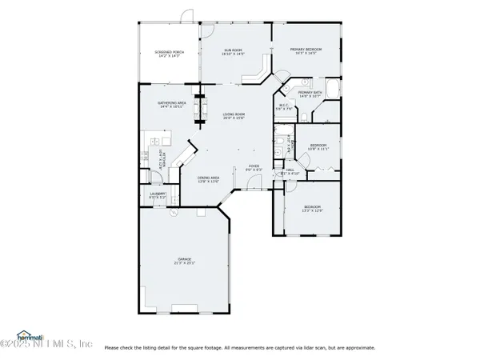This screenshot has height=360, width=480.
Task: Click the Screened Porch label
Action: point(169,54)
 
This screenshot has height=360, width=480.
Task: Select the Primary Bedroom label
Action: point(305,51)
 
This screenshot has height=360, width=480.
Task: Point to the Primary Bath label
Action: point(310,94)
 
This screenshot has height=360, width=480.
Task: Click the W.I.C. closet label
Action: point(284,107)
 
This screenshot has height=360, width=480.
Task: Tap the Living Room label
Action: point(234,117)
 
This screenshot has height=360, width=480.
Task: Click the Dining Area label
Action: point(209,179)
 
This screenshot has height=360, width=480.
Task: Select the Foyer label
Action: point(253,169)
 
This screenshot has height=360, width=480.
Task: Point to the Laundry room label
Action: point(158,194)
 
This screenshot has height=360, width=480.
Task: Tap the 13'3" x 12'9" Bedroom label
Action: point(312,210)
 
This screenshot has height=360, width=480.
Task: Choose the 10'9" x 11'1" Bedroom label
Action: point(318,147)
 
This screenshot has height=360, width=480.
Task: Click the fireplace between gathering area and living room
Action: point(201,107)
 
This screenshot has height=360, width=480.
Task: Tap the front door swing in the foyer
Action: point(254,185)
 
